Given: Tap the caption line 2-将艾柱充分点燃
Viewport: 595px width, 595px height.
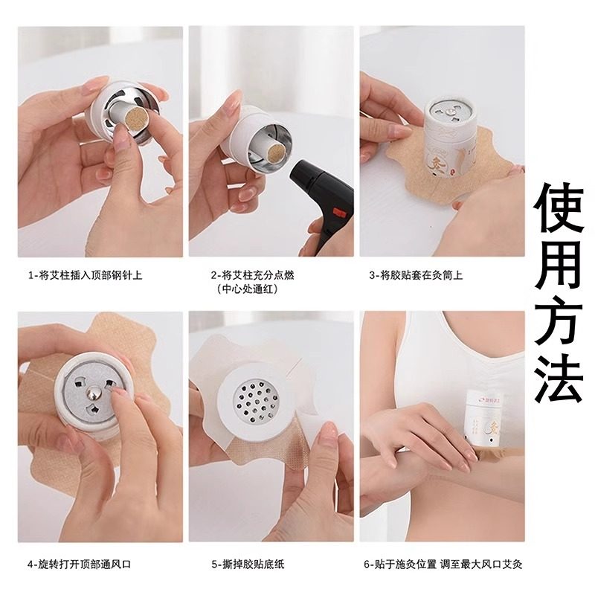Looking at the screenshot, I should pos(252,275).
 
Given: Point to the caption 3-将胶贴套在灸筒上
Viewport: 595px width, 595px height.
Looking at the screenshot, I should pos(416,275).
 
